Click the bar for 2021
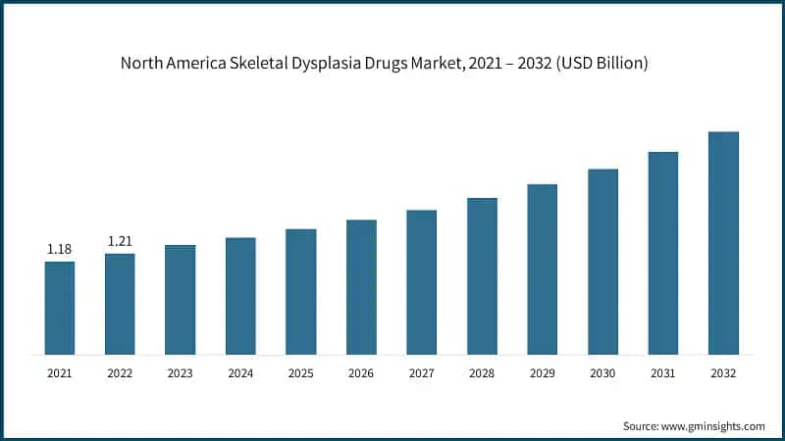pyautogui.click(x=60, y=307)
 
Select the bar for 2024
pyautogui.click(x=240, y=295)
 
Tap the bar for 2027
pyautogui.click(x=422, y=281)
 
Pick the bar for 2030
pyautogui.click(x=602, y=261)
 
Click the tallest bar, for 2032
pyautogui.click(x=723, y=242)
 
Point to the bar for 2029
pyautogui.click(x=543, y=269)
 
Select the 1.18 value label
pyautogui.click(x=60, y=250)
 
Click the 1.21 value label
pyautogui.click(x=120, y=241)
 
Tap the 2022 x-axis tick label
pyautogui.click(x=120, y=373)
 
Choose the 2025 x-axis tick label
pyautogui.click(x=301, y=373)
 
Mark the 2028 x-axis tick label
pyautogui.click(x=482, y=373)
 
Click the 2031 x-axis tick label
pyautogui.click(x=663, y=373)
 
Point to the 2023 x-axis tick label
pyautogui.click(x=181, y=373)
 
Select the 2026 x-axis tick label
pyautogui.click(x=361, y=373)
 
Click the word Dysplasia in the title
pyautogui.click(x=327, y=64)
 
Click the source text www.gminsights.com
pyautogui.click(x=714, y=425)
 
